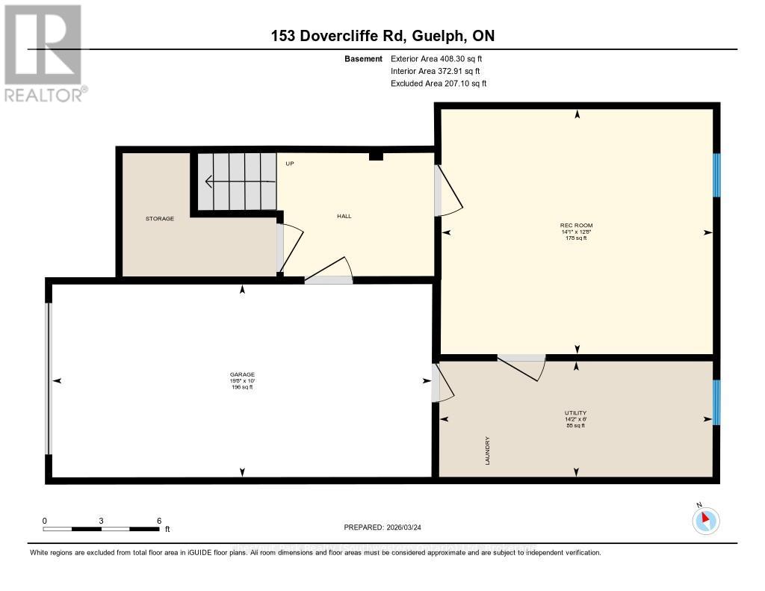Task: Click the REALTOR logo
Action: (x=44, y=52)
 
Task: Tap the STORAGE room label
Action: (x=160, y=218)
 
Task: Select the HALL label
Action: (x=344, y=216)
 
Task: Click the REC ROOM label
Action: (x=576, y=225)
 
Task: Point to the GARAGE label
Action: (x=242, y=374)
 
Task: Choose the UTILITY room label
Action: (x=575, y=413)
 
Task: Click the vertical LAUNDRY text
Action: (x=487, y=451)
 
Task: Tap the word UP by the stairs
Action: (x=290, y=162)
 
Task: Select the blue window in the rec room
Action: (x=716, y=175)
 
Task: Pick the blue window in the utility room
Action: (x=716, y=402)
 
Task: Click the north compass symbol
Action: (x=704, y=520)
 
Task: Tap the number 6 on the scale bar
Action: (x=159, y=520)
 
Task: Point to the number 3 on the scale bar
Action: (x=102, y=520)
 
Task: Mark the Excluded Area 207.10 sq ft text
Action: (x=439, y=84)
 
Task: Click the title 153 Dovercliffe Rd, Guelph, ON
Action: (x=382, y=36)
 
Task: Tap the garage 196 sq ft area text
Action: (x=242, y=387)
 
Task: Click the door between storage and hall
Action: (x=281, y=247)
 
